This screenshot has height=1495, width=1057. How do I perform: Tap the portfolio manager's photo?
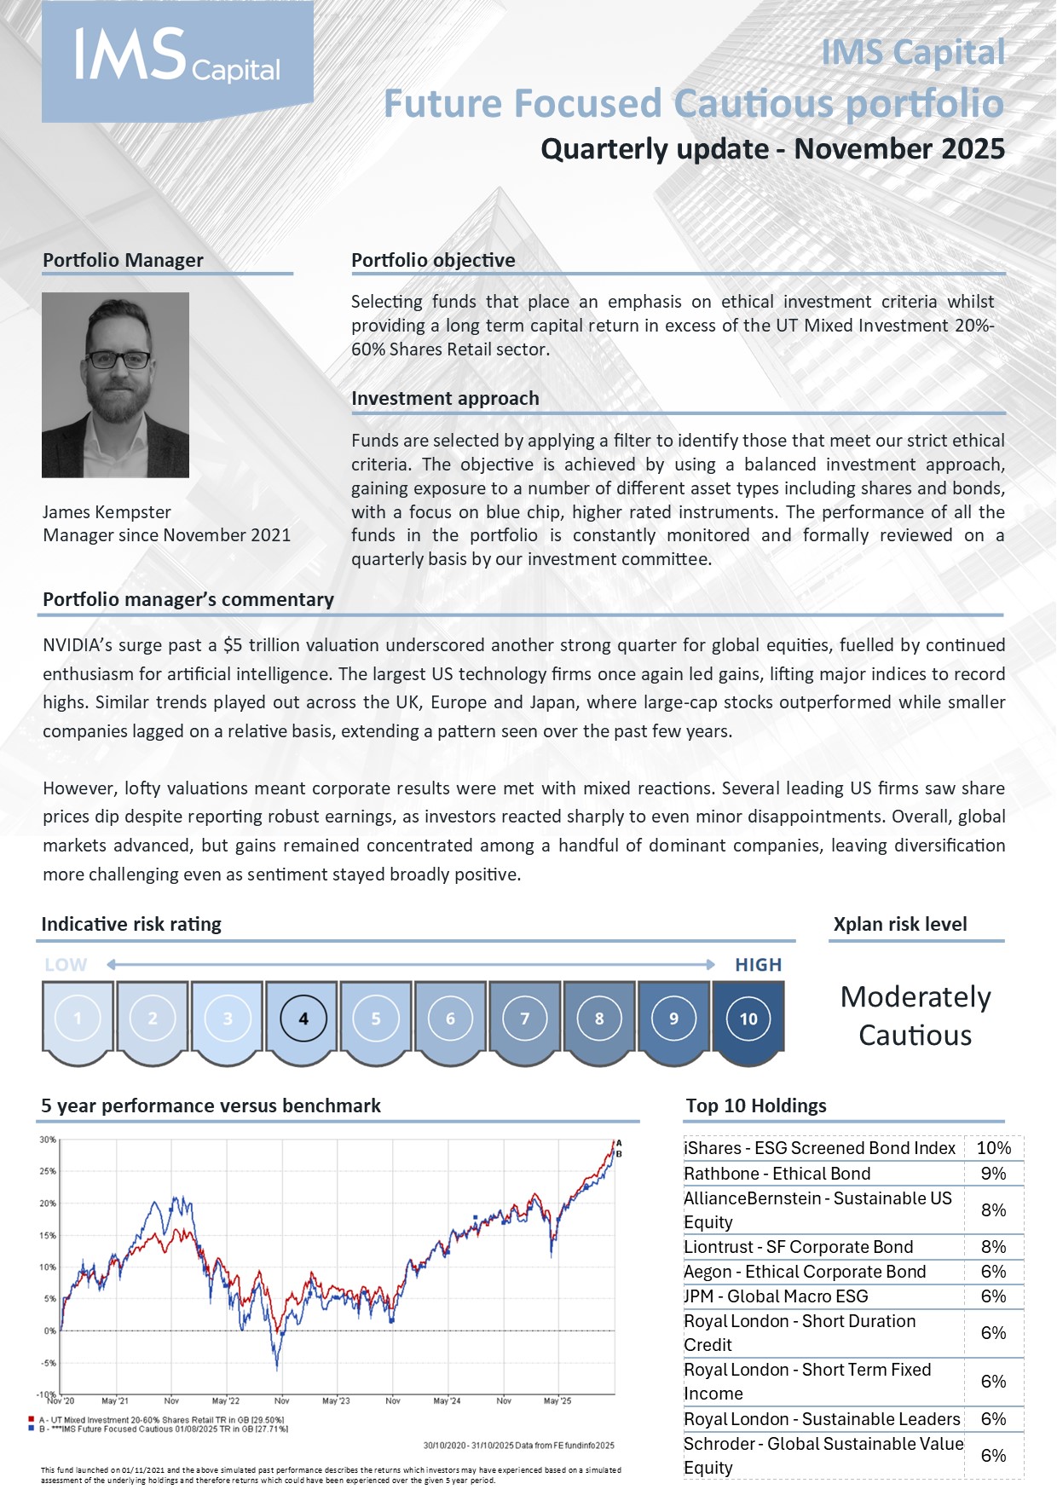pyautogui.click(x=115, y=384)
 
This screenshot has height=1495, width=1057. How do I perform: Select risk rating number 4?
pyautogui.click(x=303, y=1019)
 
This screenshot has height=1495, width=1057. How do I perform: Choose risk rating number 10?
pyautogui.click(x=748, y=1019)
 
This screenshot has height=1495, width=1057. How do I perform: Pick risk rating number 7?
pyautogui.click(x=525, y=1019)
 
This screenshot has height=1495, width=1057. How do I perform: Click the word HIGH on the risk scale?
pyautogui.click(x=758, y=965)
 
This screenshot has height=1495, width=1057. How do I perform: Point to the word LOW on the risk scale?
pyautogui.click(x=66, y=965)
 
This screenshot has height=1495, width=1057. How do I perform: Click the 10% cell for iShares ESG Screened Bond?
pyautogui.click(x=994, y=1148)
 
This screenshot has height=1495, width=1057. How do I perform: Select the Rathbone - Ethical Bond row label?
pyautogui.click(x=777, y=1174)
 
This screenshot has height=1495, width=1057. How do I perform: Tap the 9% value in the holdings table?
pyautogui.click(x=994, y=1174)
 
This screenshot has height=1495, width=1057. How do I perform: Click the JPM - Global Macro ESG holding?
pyautogui.click(x=777, y=1296)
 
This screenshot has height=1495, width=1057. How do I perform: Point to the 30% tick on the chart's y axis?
pyautogui.click(x=48, y=1140)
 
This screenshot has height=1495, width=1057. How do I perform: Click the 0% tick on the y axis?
pyautogui.click(x=50, y=1330)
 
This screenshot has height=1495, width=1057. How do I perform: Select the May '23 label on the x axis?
pyautogui.click(x=336, y=1400)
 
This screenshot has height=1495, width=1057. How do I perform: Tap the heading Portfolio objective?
pyautogui.click(x=433, y=260)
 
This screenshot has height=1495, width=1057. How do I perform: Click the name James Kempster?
pyautogui.click(x=107, y=512)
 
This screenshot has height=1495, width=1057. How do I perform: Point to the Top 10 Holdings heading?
pyautogui.click(x=756, y=1105)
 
